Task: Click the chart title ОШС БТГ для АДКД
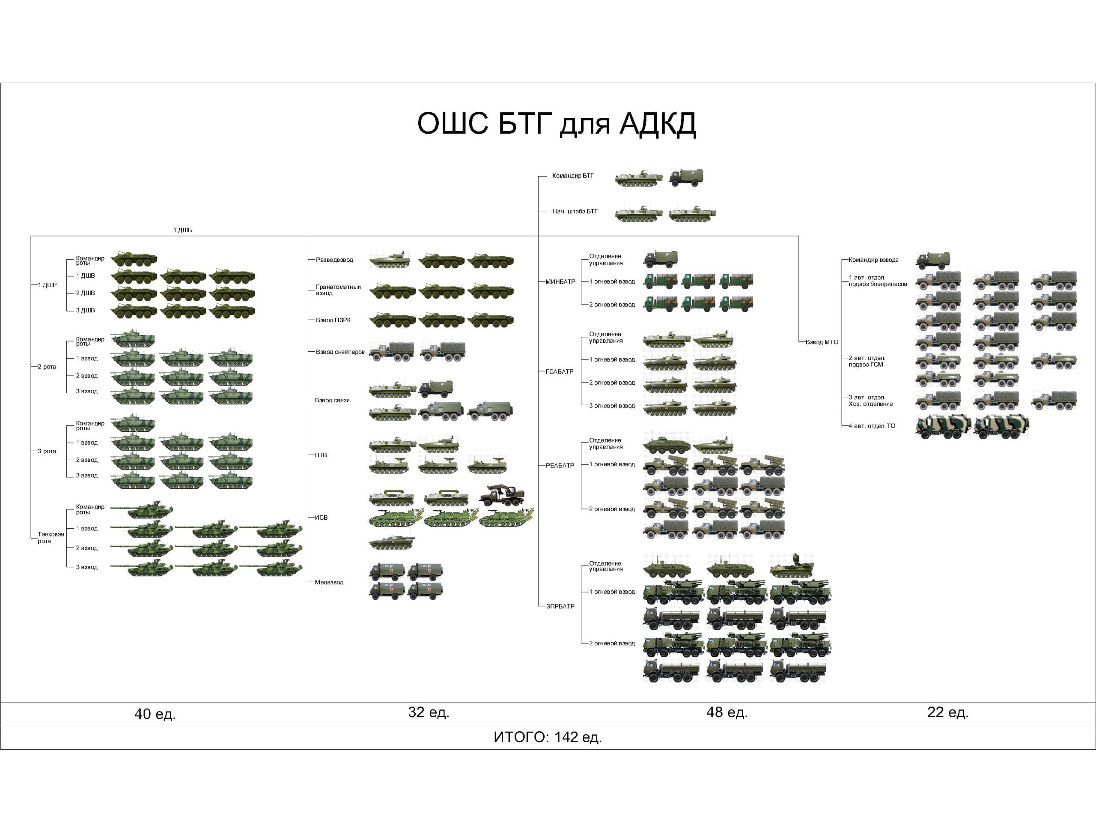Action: (557, 123)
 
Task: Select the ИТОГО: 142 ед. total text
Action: (548, 737)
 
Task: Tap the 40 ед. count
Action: (155, 714)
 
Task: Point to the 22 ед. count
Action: (947, 712)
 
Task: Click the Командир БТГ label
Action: (572, 176)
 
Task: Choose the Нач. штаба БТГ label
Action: (574, 212)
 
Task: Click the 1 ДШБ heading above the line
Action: (182, 230)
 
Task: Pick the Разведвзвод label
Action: (334, 260)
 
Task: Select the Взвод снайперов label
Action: (340, 352)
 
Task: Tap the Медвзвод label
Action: (329, 582)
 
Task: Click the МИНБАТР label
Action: (560, 281)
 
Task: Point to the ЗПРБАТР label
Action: (560, 606)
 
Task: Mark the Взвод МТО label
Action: (822, 342)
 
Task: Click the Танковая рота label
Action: (51, 538)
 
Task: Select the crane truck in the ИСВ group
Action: (501, 495)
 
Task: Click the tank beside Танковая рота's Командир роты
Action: (144, 509)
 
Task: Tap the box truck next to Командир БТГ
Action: (685, 177)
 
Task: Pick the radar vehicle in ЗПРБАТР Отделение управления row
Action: (792, 566)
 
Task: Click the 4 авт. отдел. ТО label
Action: (872, 426)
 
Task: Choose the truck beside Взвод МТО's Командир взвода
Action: (932, 260)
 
